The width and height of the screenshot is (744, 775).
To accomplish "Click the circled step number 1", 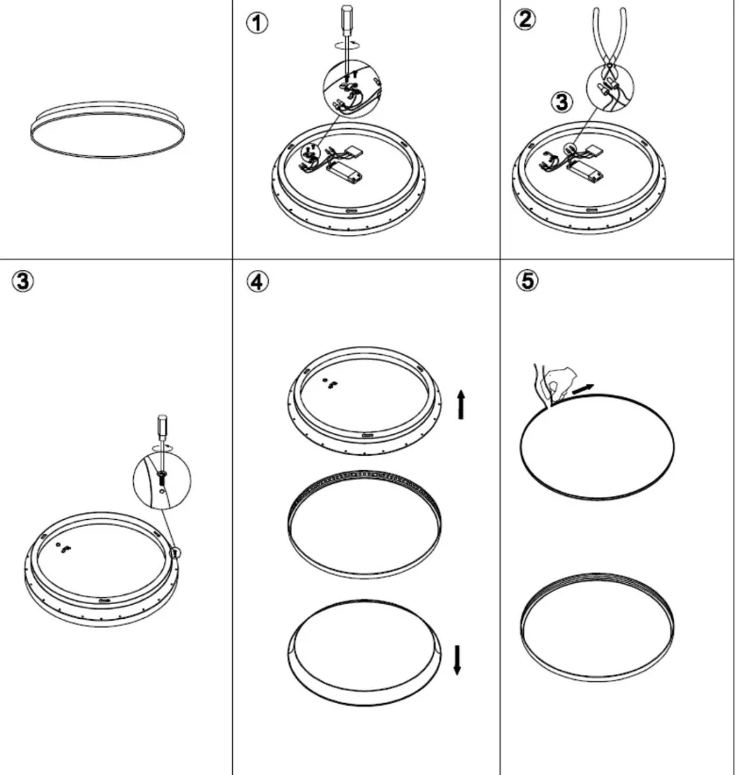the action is (x=257, y=23).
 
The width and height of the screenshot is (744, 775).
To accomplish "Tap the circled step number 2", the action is (x=524, y=19).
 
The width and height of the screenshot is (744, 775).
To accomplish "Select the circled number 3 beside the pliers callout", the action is (x=562, y=102).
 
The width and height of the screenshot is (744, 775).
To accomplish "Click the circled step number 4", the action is (x=257, y=282).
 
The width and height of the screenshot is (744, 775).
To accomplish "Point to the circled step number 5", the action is (x=527, y=280).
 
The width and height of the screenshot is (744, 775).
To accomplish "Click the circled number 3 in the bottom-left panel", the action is (x=23, y=281).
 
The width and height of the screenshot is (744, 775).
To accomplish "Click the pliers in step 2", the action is (x=611, y=45).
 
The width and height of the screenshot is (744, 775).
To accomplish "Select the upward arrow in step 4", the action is (x=461, y=404).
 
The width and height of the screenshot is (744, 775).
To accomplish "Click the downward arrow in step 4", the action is (x=458, y=659).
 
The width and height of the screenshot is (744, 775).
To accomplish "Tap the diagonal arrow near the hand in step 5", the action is (x=583, y=389).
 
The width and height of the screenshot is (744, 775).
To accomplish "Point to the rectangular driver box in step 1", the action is (x=344, y=171).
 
